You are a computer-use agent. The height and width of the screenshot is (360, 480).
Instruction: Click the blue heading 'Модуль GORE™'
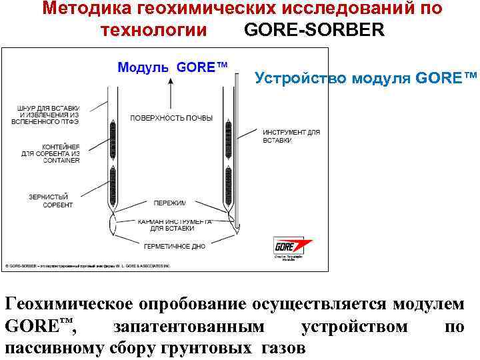(172, 67)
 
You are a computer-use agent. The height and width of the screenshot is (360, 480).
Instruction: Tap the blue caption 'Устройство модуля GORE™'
(366, 78)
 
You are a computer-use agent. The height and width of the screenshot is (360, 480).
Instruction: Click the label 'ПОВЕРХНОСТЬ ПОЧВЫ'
(171, 118)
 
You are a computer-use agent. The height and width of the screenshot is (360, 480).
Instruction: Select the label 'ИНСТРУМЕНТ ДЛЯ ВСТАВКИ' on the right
(291, 137)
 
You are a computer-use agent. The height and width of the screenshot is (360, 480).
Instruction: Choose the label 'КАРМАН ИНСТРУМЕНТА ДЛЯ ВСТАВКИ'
(175, 224)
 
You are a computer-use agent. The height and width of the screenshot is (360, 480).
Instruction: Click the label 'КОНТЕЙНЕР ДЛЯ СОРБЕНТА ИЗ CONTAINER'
(51, 153)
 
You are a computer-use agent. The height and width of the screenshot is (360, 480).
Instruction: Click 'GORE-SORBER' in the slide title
(315, 30)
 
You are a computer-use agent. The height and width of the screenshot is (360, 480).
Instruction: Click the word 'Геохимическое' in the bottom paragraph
(69, 304)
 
